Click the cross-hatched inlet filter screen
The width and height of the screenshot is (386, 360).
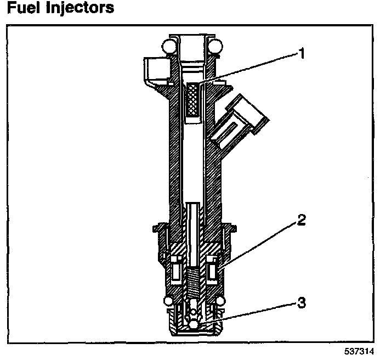pos(192,99)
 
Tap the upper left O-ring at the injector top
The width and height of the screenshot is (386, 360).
pos(169,46)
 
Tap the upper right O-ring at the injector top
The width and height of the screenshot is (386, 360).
pos(214,46)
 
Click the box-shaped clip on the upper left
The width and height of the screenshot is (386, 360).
pos(153,71)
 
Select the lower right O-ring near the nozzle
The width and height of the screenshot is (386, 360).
pos(220,301)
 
